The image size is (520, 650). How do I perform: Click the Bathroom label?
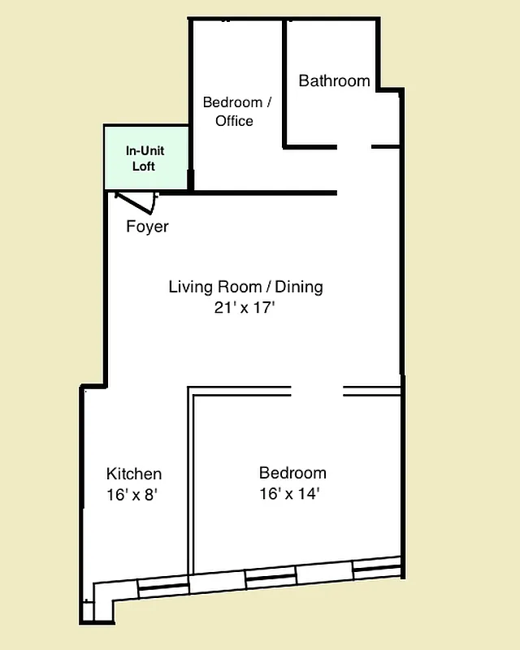334,81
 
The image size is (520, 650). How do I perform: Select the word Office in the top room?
234,121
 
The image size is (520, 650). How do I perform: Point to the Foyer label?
147,227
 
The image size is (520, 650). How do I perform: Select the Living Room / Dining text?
245,287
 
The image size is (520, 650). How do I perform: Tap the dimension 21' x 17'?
245,307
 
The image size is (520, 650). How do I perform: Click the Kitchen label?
134,474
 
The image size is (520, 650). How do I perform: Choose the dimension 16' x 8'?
131,494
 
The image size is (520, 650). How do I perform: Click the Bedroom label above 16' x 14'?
292,473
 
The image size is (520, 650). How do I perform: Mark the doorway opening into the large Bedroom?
317,392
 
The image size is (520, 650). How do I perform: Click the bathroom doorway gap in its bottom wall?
354,147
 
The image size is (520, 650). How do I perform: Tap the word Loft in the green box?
145,167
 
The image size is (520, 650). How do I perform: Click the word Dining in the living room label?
299,287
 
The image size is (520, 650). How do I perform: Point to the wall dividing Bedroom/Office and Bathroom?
284,81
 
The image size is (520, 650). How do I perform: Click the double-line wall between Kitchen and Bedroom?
190,479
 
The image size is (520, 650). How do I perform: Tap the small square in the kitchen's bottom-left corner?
87,612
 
